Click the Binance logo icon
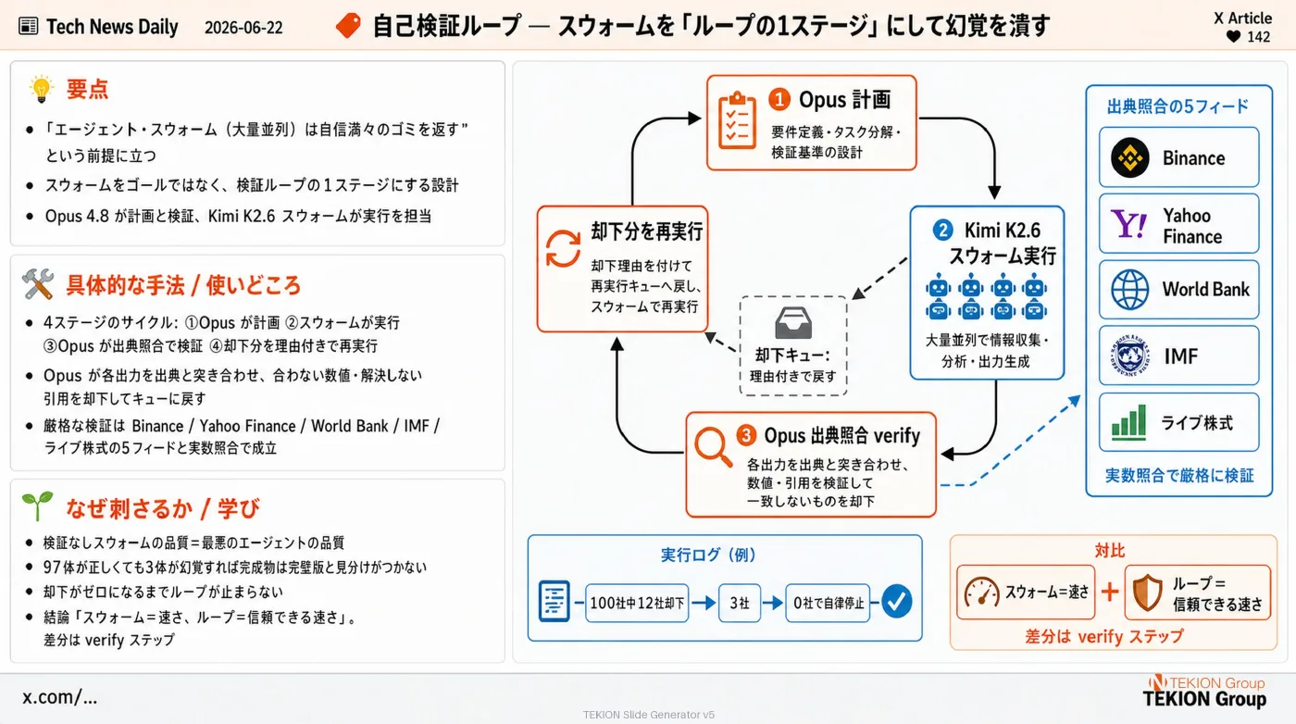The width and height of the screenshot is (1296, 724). [x=1129, y=157]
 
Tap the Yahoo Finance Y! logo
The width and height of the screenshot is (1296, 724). [x=1128, y=224]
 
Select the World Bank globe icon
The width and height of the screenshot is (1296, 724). [x=1129, y=290]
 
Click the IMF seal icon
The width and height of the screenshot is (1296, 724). [x=1129, y=356]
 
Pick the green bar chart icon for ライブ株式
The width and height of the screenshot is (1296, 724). [x=1128, y=422]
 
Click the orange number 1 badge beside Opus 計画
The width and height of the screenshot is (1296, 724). [x=779, y=100]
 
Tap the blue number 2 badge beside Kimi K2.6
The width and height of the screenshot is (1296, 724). [x=943, y=231]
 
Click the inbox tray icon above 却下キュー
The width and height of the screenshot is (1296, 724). [x=793, y=323]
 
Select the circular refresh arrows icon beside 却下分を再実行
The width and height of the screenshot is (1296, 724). [x=563, y=249]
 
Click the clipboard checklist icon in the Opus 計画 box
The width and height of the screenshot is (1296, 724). [x=737, y=120]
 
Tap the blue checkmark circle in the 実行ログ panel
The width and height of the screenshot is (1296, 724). [x=897, y=601]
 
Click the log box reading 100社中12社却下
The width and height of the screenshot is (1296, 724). [x=637, y=603]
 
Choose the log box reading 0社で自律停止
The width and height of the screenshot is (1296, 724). [x=828, y=603]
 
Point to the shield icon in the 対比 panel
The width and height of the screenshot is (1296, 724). [x=1147, y=593]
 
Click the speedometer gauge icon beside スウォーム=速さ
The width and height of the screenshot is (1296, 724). [x=982, y=592]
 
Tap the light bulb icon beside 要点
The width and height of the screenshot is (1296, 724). [x=41, y=89]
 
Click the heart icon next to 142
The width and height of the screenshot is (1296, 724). [x=1233, y=37]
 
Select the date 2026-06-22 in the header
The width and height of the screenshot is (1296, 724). [x=243, y=27]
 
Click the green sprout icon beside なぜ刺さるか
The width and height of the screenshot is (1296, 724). [x=38, y=506]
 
